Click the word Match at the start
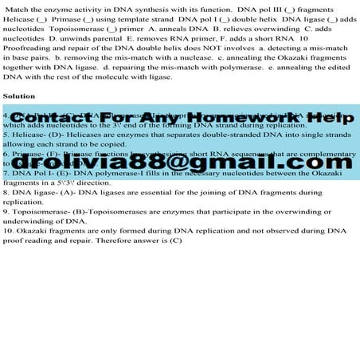tap(18, 8)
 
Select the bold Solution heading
tap(20, 96)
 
